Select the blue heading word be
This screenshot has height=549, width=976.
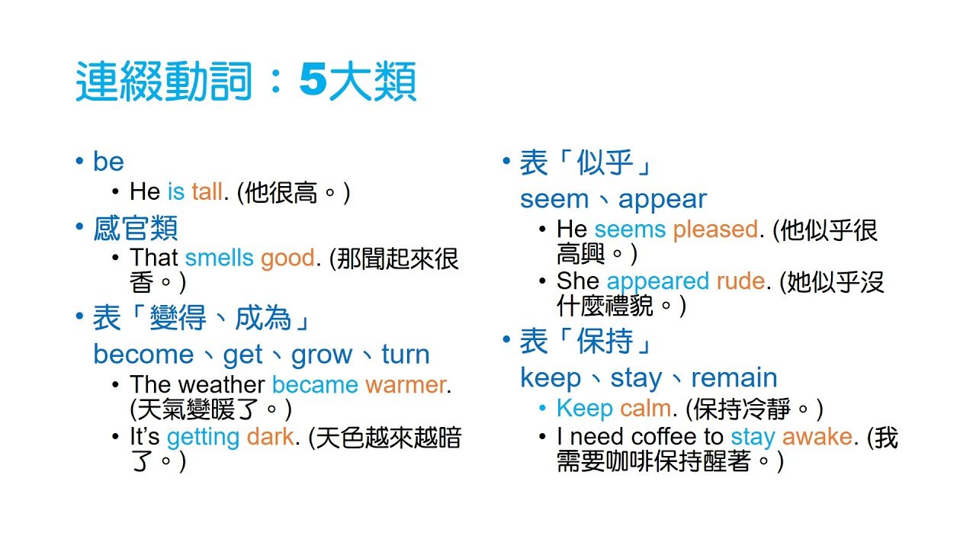(x=108, y=161)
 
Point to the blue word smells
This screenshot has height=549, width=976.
(x=219, y=258)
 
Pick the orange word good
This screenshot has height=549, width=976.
(x=287, y=258)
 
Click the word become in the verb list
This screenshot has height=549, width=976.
(x=143, y=355)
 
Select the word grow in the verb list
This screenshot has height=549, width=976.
(x=322, y=355)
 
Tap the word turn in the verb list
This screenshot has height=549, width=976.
(x=406, y=355)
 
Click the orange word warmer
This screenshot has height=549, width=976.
(x=406, y=384)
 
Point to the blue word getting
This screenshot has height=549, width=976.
(x=203, y=437)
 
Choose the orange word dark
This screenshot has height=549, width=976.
(x=270, y=437)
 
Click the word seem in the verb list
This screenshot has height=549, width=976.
(x=554, y=200)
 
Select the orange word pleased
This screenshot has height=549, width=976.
(x=715, y=229)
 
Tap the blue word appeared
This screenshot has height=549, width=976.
(x=658, y=281)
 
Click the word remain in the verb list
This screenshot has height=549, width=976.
(x=734, y=377)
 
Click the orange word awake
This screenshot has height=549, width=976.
(x=817, y=437)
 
